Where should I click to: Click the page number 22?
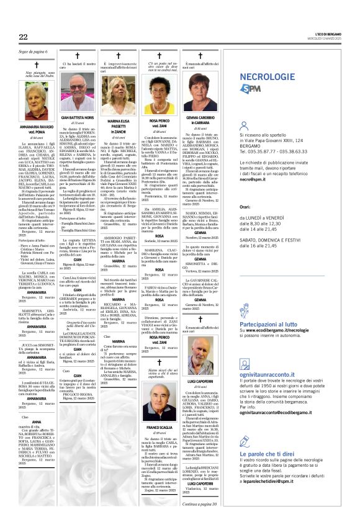23,37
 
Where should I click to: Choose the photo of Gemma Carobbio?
199,93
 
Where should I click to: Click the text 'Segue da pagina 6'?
34,52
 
